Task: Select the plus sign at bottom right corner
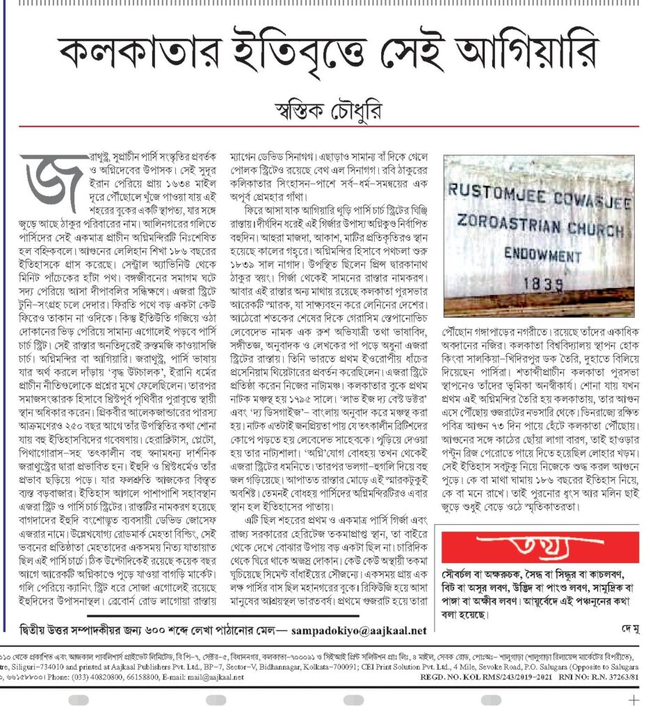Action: tap(633, 699)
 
